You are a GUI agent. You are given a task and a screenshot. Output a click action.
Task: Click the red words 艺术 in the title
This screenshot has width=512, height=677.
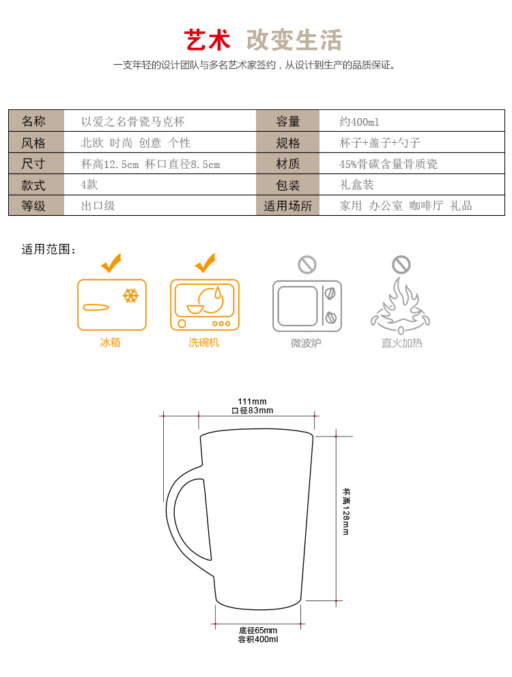[x=207, y=40]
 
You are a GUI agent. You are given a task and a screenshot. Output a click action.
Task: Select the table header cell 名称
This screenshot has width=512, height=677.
[x=36, y=121]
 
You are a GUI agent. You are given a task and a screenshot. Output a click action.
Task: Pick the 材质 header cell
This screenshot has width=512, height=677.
[x=287, y=164]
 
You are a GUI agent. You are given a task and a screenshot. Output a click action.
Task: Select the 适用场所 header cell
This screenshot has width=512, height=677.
[x=287, y=206]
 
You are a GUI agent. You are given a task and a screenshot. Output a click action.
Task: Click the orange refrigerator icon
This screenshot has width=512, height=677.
[x=112, y=305]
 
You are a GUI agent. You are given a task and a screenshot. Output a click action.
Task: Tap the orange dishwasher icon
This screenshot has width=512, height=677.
[x=204, y=305]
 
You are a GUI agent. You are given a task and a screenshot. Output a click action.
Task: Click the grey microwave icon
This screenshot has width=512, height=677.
[x=307, y=306]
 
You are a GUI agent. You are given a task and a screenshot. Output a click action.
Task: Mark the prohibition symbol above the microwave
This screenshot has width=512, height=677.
[x=307, y=264]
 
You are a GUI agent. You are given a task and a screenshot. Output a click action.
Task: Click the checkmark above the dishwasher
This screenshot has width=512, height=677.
[x=205, y=263]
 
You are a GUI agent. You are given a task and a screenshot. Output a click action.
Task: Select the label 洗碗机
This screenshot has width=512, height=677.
[x=204, y=342]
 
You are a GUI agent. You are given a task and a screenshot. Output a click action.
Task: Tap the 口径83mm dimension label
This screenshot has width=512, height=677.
[x=253, y=411]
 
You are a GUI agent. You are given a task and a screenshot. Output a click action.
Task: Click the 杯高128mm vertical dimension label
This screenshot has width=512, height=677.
[x=346, y=512]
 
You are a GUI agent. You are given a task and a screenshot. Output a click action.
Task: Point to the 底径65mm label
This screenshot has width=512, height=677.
[x=258, y=631]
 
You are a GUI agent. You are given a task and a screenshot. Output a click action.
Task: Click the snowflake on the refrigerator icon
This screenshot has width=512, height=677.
[x=130, y=296]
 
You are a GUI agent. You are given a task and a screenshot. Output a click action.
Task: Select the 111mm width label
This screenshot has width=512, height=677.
[x=253, y=402]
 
